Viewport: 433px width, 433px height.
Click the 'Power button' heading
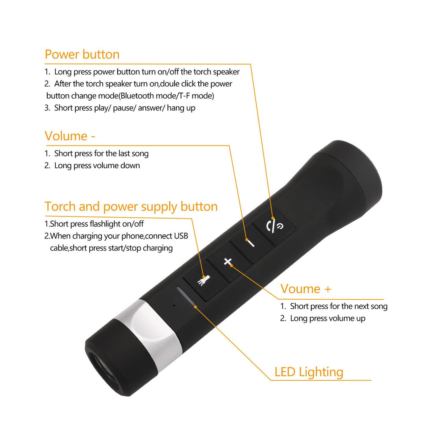click(x=82, y=55)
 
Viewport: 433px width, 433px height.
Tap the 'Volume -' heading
click(x=70, y=136)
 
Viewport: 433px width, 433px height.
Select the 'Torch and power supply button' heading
click(x=131, y=207)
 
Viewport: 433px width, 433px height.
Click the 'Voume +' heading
click(x=306, y=289)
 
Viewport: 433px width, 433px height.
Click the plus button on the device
click(x=228, y=262)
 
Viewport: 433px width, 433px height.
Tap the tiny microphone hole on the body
click(x=173, y=305)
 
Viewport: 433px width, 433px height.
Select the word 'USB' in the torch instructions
click(x=181, y=236)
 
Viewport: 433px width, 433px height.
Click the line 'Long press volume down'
click(x=97, y=165)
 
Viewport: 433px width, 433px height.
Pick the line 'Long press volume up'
click(x=327, y=318)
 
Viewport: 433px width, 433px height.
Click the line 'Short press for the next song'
click(x=338, y=306)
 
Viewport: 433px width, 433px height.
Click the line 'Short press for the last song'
click(x=101, y=153)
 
